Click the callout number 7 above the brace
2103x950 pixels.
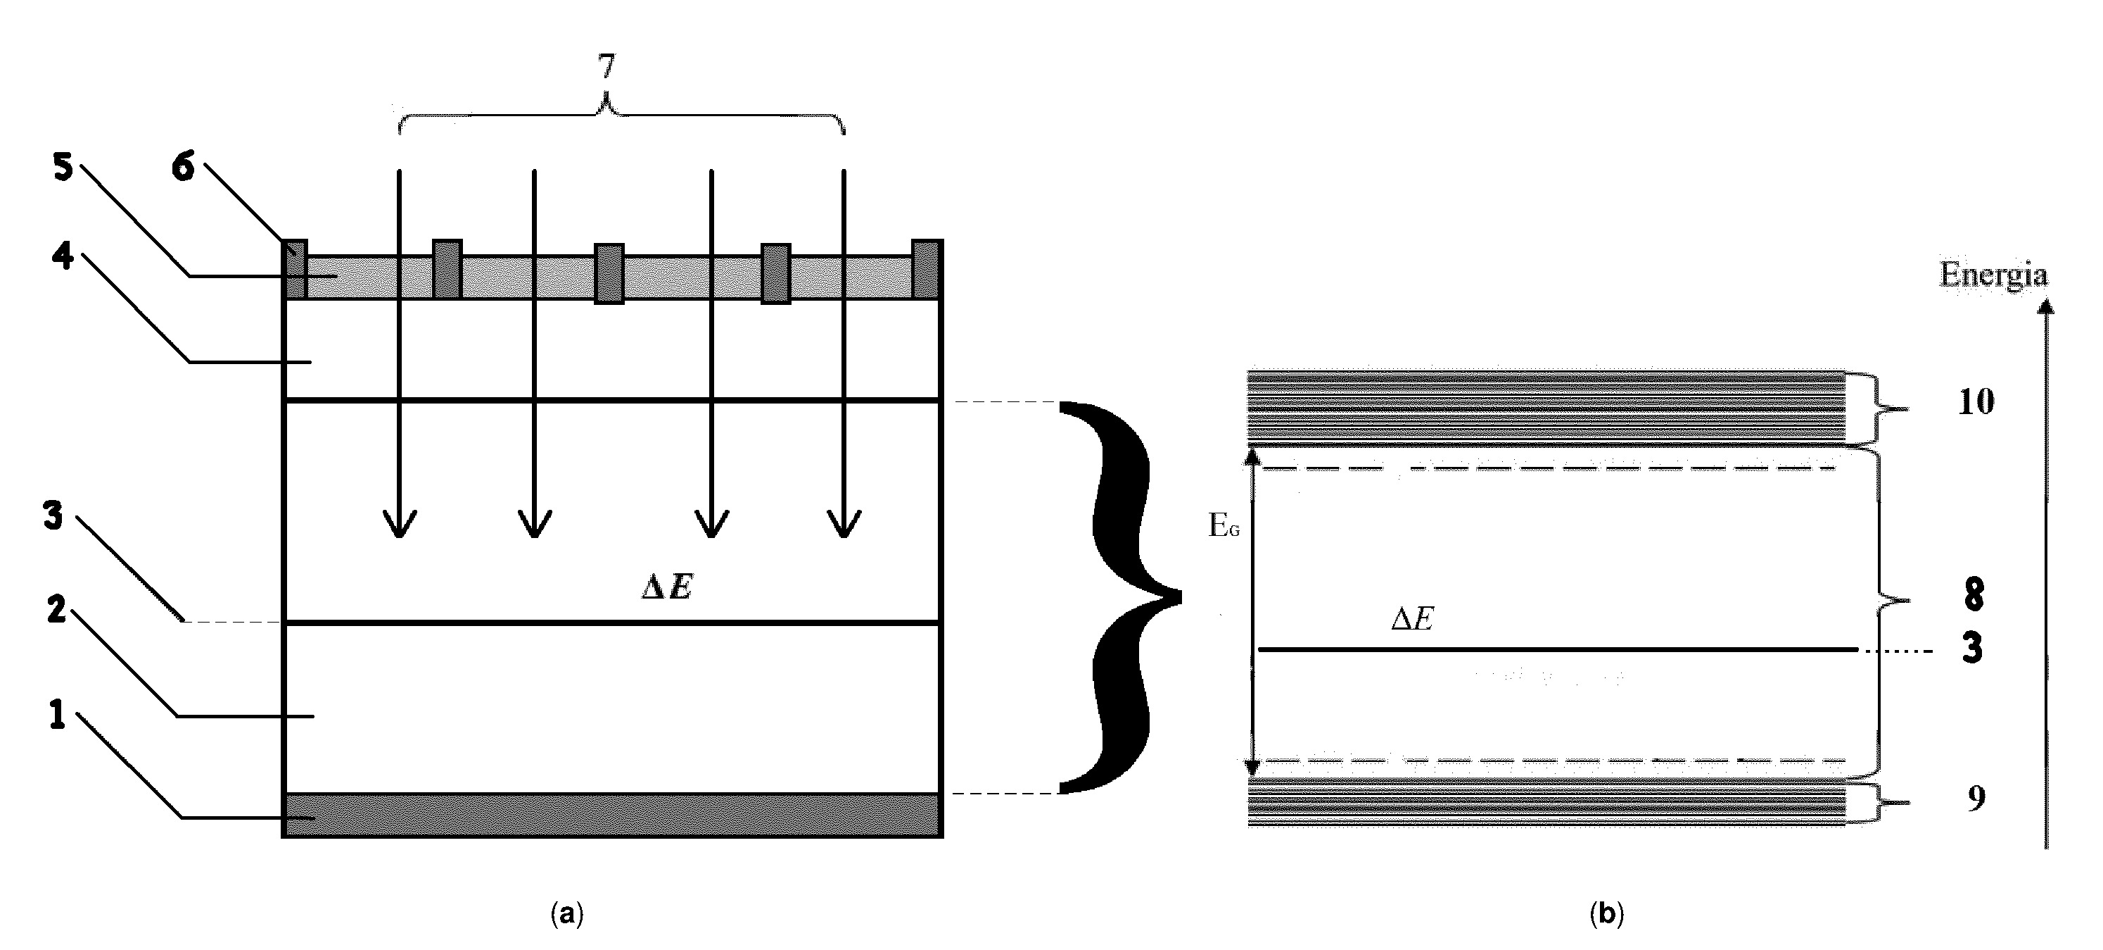605,67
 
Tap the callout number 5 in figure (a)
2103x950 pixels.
63,168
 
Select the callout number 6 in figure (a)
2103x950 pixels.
184,167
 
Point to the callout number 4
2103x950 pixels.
63,256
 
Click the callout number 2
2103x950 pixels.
56,609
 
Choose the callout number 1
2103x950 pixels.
56,715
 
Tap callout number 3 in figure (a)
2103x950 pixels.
53,516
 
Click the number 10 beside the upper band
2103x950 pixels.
1976,402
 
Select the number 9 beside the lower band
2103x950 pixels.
1976,798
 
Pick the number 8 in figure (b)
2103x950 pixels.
1974,594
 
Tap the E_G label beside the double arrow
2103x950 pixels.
1224,527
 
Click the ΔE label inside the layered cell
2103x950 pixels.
667,587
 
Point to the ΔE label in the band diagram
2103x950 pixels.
1412,619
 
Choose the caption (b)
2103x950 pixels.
1607,913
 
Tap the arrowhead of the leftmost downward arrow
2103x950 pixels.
399,536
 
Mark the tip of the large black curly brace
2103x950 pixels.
1181,596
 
